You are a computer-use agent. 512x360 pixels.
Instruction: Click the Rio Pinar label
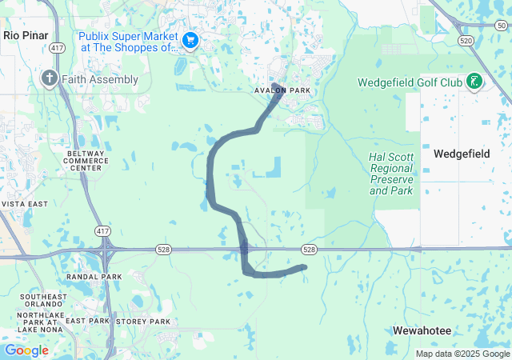[x=26, y=35]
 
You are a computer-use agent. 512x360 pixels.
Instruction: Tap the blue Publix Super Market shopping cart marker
[x=190, y=39]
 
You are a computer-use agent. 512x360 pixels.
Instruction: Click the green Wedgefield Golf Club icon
[x=474, y=82]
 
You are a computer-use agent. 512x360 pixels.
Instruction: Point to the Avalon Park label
[x=282, y=90]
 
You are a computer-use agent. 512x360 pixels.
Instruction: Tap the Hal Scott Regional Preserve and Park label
[x=391, y=174]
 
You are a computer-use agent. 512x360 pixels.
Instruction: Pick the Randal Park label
[x=94, y=277]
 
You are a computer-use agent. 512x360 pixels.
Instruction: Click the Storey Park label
[x=143, y=322]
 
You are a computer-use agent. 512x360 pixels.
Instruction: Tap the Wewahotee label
[x=422, y=330]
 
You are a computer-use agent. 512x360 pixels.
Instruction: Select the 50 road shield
[x=490, y=26]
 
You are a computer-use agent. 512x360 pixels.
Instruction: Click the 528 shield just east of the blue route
[x=310, y=250]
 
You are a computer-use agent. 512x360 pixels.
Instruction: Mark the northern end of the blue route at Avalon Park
[x=274, y=85]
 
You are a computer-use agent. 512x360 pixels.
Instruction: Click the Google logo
[x=26, y=350]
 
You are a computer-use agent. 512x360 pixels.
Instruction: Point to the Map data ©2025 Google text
[x=462, y=354]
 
